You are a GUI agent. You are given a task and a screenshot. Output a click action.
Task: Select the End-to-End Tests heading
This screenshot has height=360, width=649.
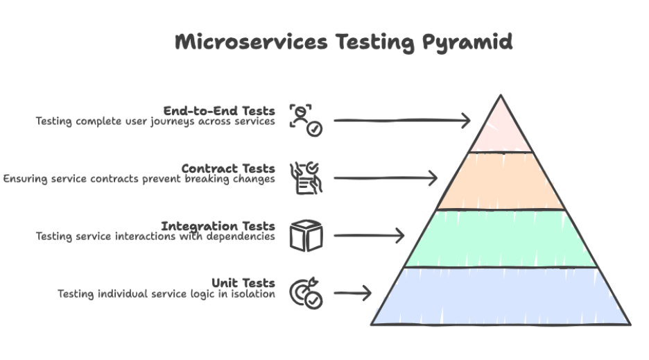tap(219, 111)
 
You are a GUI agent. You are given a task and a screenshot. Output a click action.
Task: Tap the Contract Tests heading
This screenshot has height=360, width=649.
tap(228, 169)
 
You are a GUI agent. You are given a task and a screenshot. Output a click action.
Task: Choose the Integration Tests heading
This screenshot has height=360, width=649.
tap(218, 226)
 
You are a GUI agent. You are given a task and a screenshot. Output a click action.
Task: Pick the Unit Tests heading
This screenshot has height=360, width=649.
tap(243, 283)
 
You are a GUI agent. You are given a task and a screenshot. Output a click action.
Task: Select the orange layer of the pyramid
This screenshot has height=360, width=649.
tap(501, 181)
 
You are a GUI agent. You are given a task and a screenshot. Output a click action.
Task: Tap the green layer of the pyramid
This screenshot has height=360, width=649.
tap(501, 239)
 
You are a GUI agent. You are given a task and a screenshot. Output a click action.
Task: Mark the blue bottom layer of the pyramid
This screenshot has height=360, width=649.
tap(501, 296)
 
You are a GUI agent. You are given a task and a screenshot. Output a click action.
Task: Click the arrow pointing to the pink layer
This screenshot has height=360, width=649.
tap(402, 121)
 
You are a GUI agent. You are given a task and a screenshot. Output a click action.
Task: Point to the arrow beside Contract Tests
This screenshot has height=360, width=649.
tap(386, 178)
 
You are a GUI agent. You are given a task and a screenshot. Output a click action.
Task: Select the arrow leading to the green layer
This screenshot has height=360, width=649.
tap(369, 236)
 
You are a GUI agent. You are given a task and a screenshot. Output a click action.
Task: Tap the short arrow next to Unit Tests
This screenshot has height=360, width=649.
tap(353, 293)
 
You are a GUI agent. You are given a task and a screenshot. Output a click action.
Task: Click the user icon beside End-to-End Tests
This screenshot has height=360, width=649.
tap(305, 119)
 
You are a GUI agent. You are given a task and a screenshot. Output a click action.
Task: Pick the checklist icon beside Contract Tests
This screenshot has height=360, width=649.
tap(306, 178)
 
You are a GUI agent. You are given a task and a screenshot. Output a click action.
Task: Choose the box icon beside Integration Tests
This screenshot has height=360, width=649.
tap(306, 235)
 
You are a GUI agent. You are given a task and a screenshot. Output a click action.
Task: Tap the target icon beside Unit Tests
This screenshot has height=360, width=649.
tap(306, 293)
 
